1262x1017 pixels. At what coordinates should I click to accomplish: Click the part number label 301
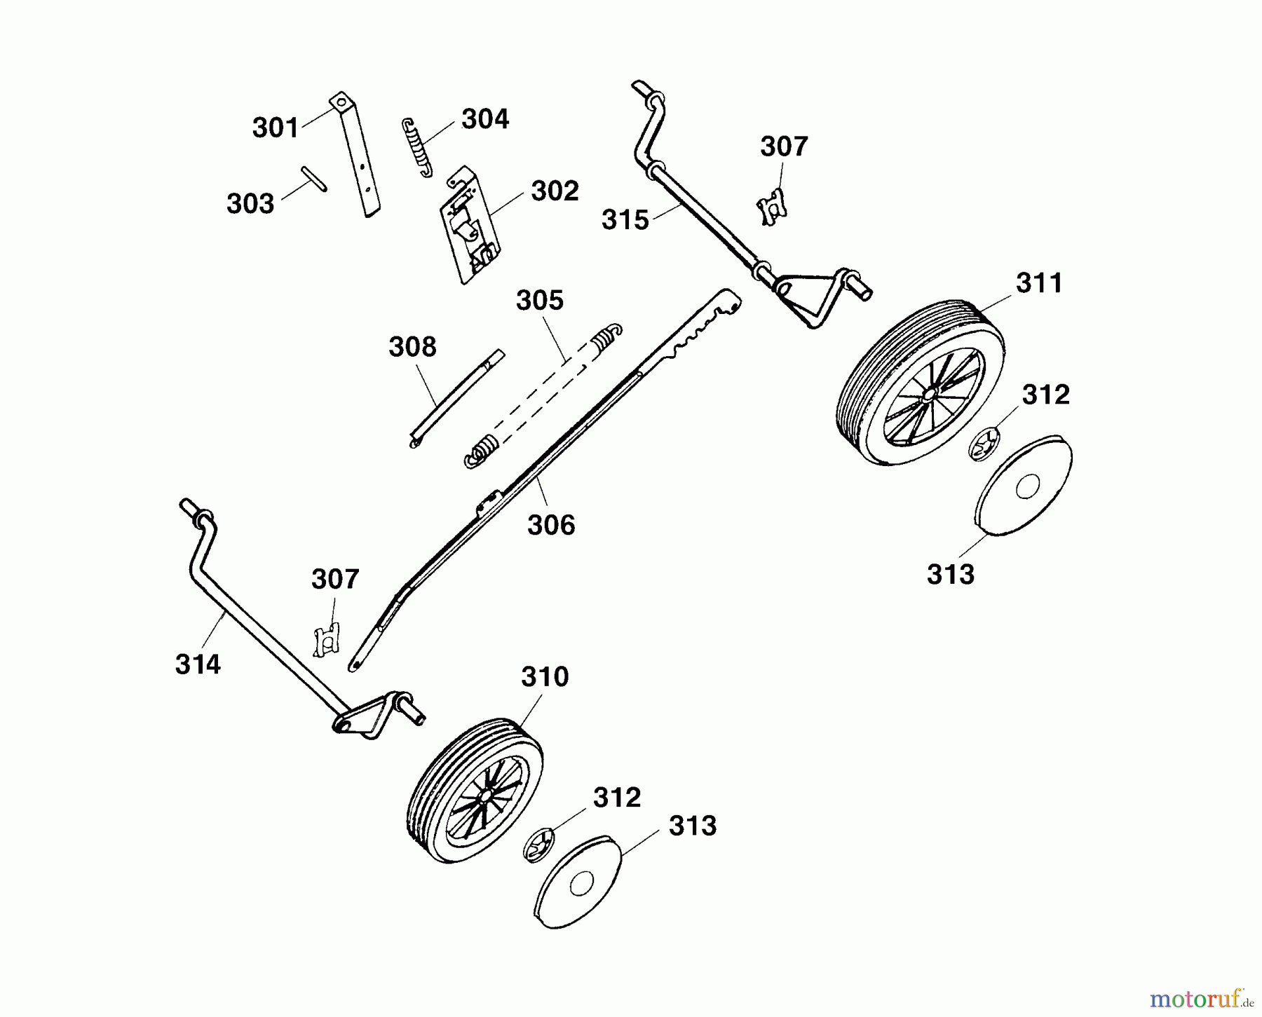click(x=276, y=128)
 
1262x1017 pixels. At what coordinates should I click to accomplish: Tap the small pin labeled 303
click(x=314, y=178)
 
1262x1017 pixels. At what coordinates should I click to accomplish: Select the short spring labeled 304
click(x=417, y=147)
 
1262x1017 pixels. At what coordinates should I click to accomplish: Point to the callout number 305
click(x=540, y=301)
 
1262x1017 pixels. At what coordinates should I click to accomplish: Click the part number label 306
click(x=551, y=525)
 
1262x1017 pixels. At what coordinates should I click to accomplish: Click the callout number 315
click(x=625, y=220)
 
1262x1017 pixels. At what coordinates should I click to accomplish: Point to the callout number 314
click(x=198, y=664)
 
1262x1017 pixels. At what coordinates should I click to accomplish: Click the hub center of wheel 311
click(x=928, y=396)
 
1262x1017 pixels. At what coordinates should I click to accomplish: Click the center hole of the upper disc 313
click(x=1026, y=486)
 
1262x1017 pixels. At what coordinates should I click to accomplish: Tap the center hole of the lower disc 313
click(x=580, y=885)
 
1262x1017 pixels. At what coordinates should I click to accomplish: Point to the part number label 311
click(x=1039, y=284)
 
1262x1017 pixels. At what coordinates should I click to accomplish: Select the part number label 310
click(x=545, y=678)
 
